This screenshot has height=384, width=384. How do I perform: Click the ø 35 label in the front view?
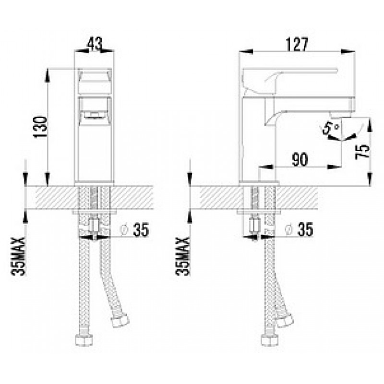[134, 230]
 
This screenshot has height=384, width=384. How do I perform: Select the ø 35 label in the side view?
[299, 230]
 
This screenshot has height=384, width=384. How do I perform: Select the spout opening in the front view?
[94, 114]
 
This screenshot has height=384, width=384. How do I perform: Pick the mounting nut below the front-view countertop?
[95, 225]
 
